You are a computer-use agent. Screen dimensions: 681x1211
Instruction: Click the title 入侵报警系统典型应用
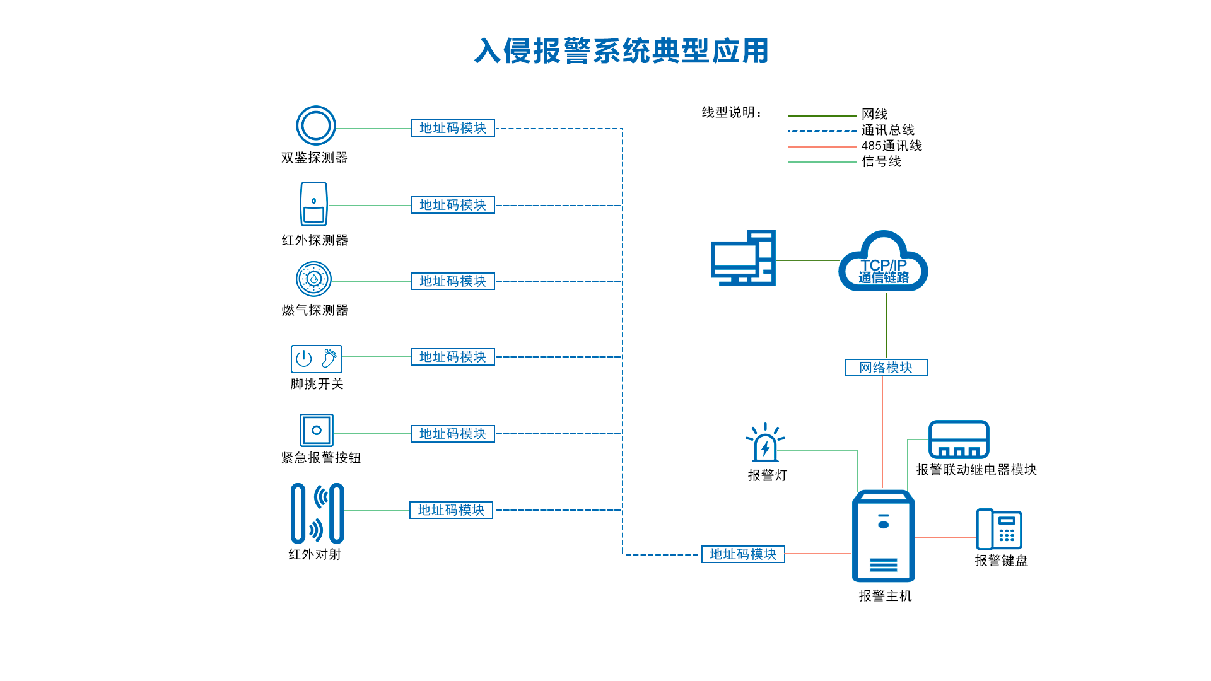click(621, 51)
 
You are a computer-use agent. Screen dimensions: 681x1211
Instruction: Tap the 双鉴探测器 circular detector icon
click(316, 125)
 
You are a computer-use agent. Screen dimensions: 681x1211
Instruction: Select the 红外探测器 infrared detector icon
click(313, 204)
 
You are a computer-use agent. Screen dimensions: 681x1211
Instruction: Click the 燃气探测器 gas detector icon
click(313, 279)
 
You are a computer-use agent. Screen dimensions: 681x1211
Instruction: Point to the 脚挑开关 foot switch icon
click(316, 359)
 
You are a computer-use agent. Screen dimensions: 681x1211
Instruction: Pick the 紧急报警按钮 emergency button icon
click(316, 430)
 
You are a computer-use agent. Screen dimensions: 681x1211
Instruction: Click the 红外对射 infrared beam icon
click(317, 513)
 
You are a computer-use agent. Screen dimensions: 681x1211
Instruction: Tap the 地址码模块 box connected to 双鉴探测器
click(453, 128)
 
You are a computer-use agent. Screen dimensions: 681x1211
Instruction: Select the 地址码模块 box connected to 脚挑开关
click(453, 357)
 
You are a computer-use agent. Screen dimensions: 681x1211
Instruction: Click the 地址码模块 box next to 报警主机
click(743, 554)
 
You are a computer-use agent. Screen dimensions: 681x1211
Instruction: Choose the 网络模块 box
click(886, 368)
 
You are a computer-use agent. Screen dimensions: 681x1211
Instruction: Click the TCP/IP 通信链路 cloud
click(883, 265)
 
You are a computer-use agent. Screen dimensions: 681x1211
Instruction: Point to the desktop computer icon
click(743, 258)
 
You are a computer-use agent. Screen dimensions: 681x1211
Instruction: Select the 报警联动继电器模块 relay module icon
click(958, 439)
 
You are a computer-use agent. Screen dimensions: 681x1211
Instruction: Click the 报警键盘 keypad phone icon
click(999, 530)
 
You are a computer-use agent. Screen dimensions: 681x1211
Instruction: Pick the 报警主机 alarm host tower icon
click(883, 537)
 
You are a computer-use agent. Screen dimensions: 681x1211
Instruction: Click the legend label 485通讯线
click(891, 146)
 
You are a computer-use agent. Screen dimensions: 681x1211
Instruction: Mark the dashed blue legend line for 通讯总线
click(822, 131)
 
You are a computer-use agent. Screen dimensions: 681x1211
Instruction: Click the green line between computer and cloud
click(807, 260)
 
